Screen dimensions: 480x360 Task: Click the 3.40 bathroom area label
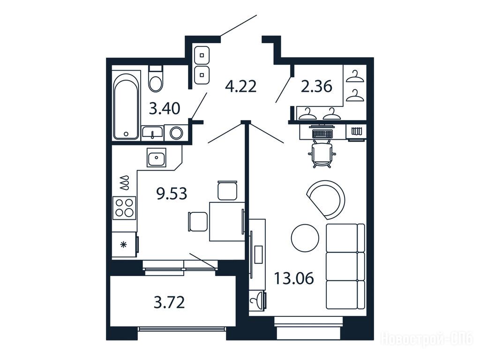click(165, 108)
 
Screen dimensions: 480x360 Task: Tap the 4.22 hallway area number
click(240, 86)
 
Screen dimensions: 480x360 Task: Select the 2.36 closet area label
click(316, 86)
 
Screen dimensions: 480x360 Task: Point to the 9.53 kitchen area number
click(172, 194)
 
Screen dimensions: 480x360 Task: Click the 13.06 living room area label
click(294, 278)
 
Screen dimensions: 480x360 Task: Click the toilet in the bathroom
click(156, 78)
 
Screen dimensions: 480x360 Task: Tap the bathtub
click(126, 105)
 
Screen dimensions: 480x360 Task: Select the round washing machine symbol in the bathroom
click(176, 133)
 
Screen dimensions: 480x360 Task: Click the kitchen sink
click(157, 157)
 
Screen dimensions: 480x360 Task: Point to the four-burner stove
click(124, 208)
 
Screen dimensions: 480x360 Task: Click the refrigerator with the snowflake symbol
click(124, 244)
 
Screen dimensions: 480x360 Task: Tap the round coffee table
click(305, 238)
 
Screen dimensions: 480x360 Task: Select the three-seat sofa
click(345, 266)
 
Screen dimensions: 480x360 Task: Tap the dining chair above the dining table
click(227, 190)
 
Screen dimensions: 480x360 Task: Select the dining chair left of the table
click(198, 222)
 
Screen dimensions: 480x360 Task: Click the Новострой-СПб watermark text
click(427, 339)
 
